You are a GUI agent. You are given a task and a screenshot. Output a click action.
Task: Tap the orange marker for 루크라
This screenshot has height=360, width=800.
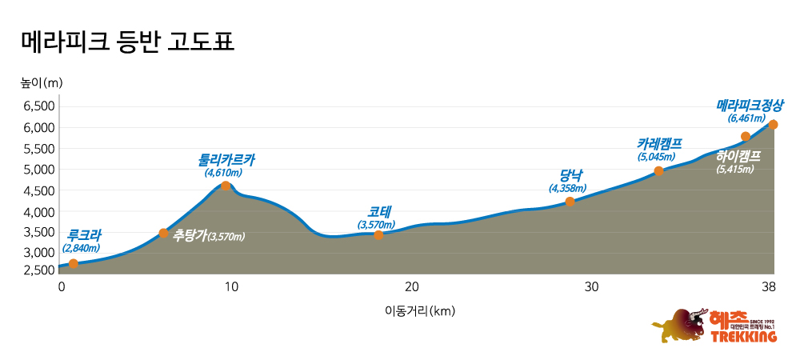coord(74,264)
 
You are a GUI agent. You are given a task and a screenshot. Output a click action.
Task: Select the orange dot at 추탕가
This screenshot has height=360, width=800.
coord(164,234)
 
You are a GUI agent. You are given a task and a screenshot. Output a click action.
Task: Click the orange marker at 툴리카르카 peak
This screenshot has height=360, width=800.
coord(226,186)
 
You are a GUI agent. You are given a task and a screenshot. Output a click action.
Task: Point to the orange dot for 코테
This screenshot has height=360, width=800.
coord(378,234)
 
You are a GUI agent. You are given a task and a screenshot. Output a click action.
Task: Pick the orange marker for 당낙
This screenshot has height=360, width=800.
coord(570,202)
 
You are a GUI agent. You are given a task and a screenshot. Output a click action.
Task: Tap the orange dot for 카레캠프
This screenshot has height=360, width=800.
coord(659,171)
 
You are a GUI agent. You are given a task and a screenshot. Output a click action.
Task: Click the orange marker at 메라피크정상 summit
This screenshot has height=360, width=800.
coord(773,125)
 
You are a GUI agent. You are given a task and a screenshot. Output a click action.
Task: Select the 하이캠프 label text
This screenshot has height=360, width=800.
coord(738,156)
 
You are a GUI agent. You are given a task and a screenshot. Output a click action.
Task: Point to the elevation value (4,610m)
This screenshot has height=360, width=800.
coord(223,172)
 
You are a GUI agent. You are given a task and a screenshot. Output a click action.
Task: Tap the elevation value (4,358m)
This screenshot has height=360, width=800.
coord(567,189)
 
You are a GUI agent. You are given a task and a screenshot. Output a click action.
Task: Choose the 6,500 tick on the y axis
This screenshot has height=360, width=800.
coord(38,106)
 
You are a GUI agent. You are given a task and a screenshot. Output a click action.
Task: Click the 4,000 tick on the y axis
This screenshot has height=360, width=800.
coord(38,212)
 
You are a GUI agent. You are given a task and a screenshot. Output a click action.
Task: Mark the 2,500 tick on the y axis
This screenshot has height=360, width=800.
coord(38,270)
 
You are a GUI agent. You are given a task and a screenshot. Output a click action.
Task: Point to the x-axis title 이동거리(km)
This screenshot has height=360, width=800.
coord(414,311)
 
